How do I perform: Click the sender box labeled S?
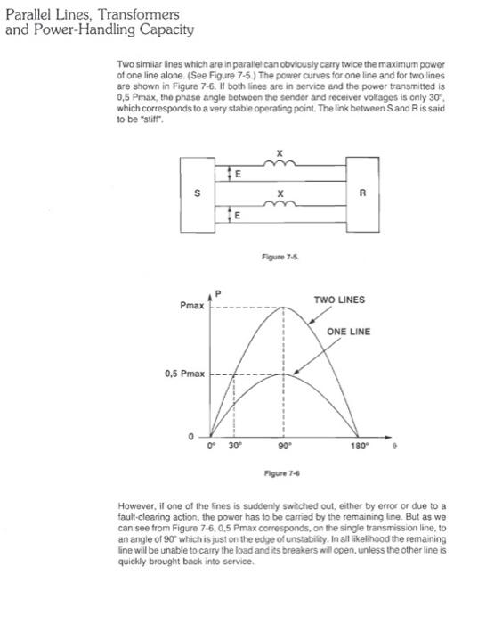[x=197, y=193]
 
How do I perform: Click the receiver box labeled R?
[x=362, y=192]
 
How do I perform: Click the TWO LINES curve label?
[x=339, y=300]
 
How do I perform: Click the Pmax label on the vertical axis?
[x=191, y=306]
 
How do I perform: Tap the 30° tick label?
[x=234, y=444]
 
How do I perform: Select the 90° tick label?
[x=284, y=444]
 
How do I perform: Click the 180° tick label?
[x=358, y=444]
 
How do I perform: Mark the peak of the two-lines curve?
[x=284, y=307]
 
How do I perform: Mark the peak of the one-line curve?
[x=284, y=374]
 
